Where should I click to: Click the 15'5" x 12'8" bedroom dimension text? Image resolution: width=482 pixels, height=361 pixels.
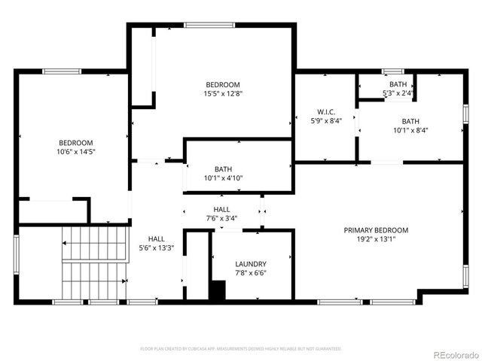(223, 94)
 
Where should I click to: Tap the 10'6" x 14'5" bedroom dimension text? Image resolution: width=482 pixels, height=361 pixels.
(76, 152)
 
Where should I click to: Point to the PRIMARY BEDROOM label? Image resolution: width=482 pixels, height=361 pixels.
(376, 230)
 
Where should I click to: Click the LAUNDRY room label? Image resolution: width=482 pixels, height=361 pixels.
(250, 264)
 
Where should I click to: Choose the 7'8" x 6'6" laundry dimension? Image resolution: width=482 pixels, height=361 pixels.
(250, 273)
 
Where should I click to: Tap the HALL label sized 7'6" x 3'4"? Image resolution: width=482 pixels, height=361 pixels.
(222, 210)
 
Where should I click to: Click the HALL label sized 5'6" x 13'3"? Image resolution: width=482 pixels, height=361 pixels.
(156, 238)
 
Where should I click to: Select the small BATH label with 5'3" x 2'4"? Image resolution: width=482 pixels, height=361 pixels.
(398, 84)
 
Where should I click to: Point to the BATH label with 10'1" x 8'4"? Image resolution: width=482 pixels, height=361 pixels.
(410, 121)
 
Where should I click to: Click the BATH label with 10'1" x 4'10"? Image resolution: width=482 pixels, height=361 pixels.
(222, 169)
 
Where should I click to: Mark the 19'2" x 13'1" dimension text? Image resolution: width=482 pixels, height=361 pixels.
(376, 239)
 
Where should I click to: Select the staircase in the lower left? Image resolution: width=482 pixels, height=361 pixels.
(90, 263)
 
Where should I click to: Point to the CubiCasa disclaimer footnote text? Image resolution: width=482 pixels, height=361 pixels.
(241, 349)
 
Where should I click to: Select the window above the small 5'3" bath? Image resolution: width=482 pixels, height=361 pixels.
(392, 71)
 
